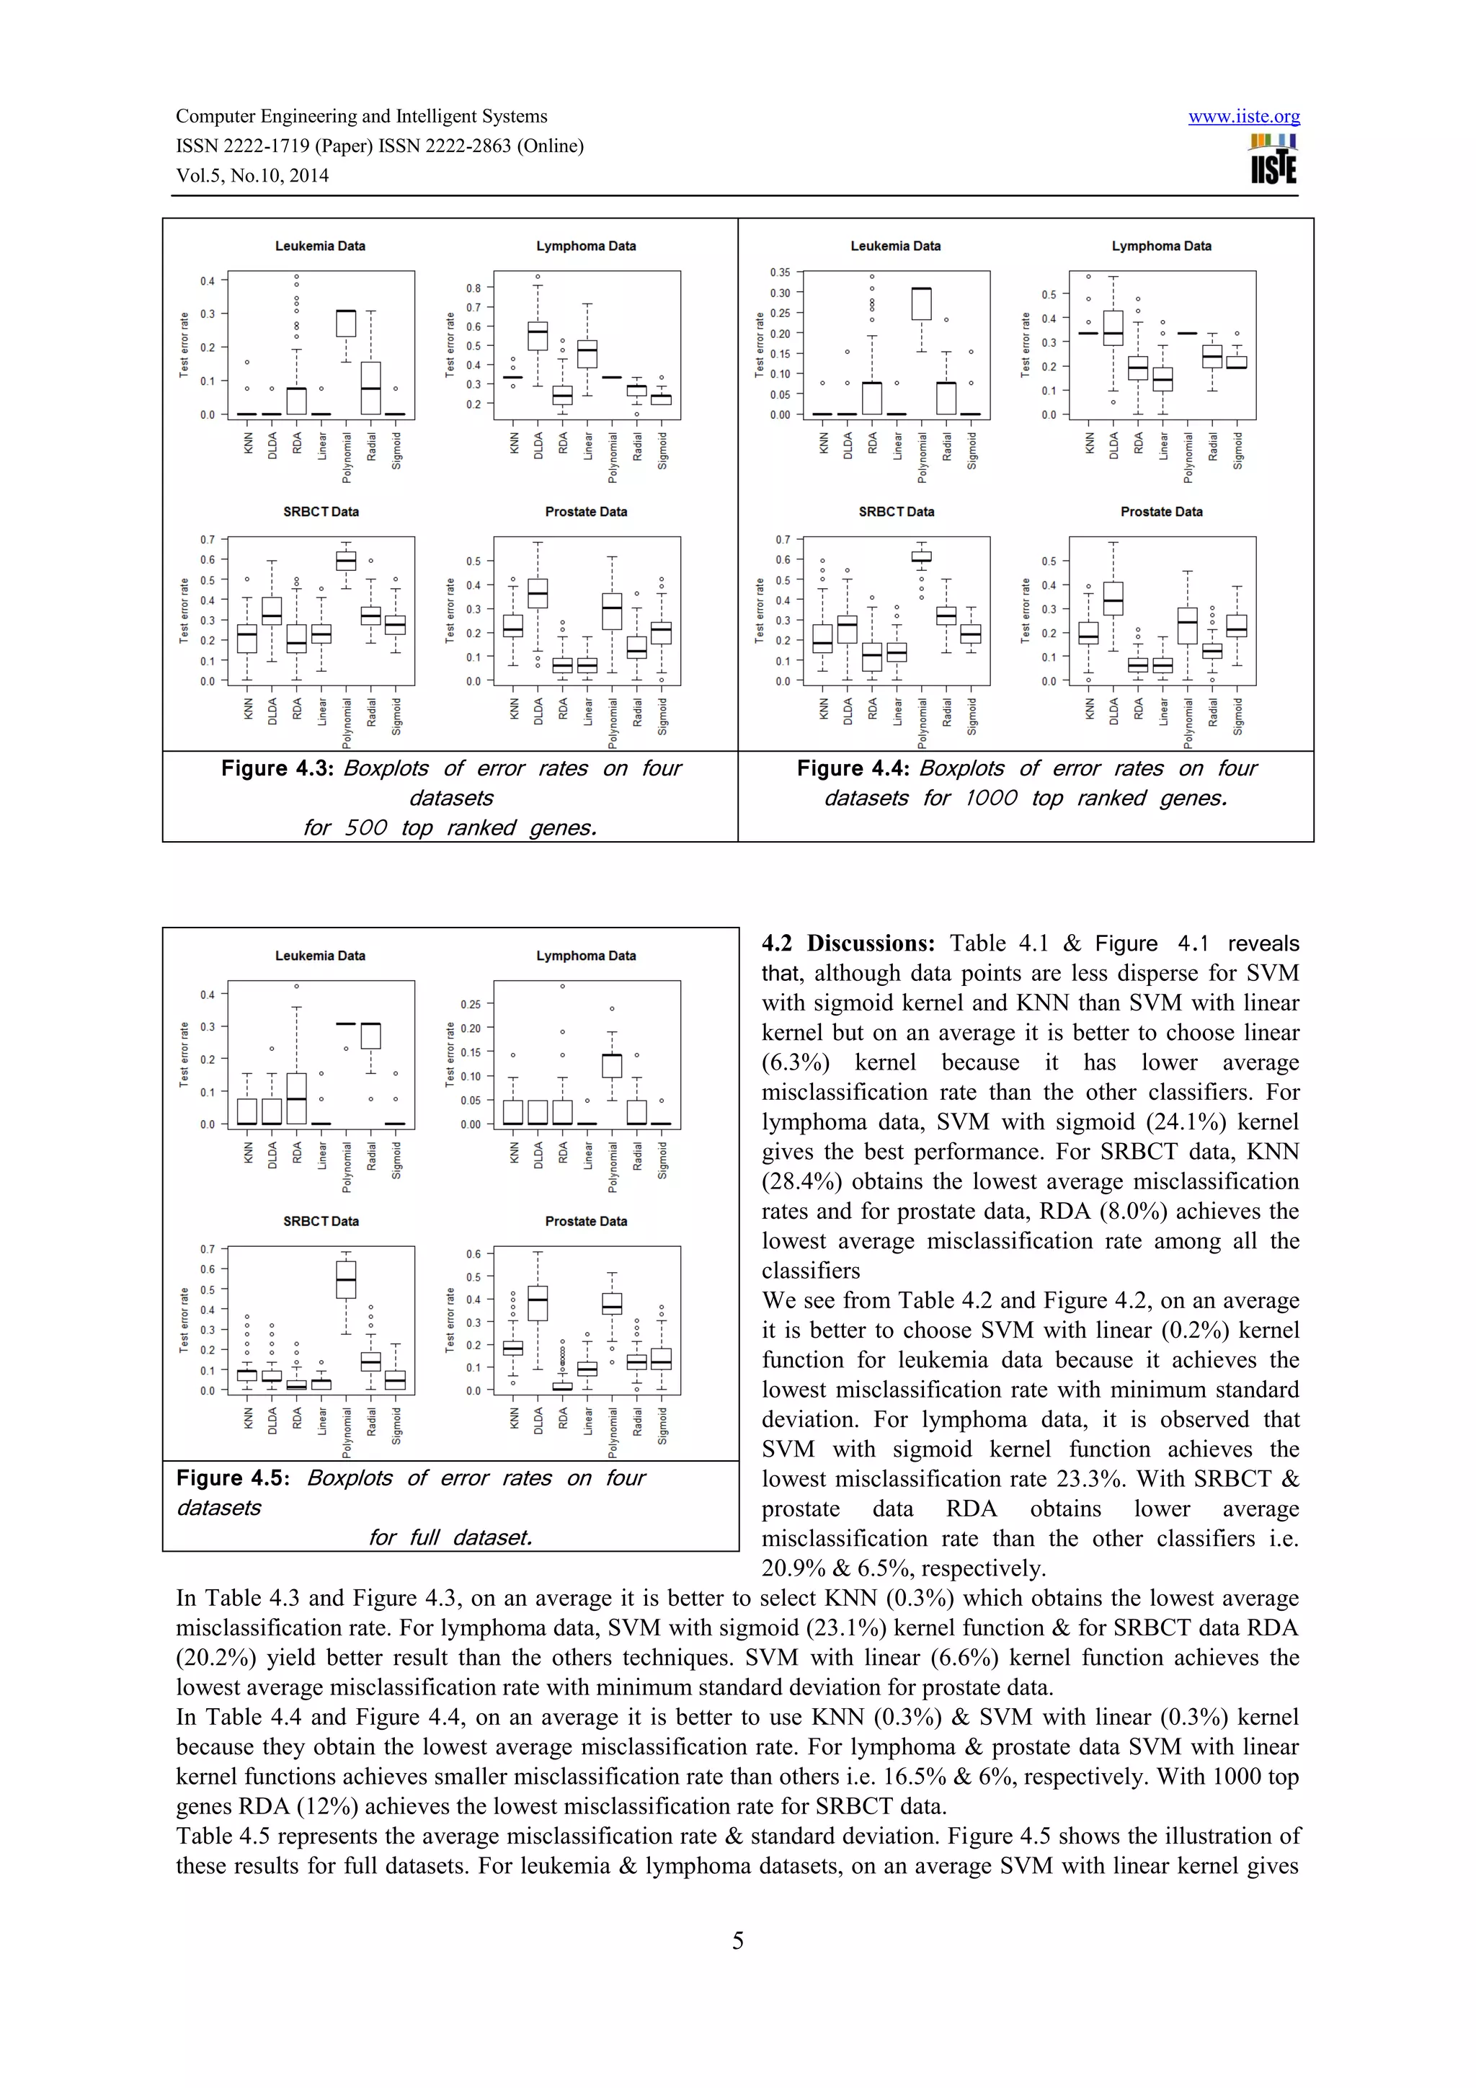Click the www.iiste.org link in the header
point(1243,117)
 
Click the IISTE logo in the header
point(1273,160)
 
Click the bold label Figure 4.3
point(277,768)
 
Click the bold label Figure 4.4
point(853,768)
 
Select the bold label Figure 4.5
point(233,1478)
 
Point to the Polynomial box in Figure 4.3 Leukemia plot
point(346,323)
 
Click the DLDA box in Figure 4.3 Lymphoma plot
point(538,336)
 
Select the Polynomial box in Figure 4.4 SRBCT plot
point(921,556)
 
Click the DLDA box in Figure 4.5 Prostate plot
point(538,1303)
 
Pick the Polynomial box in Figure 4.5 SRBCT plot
point(346,1279)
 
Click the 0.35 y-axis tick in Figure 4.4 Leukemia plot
point(781,272)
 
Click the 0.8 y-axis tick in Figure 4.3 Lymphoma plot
point(474,288)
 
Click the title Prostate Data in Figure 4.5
point(586,1222)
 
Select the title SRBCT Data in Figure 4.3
point(320,512)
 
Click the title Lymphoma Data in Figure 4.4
point(1160,246)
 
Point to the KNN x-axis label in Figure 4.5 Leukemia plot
point(248,1153)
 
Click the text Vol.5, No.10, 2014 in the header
point(252,176)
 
